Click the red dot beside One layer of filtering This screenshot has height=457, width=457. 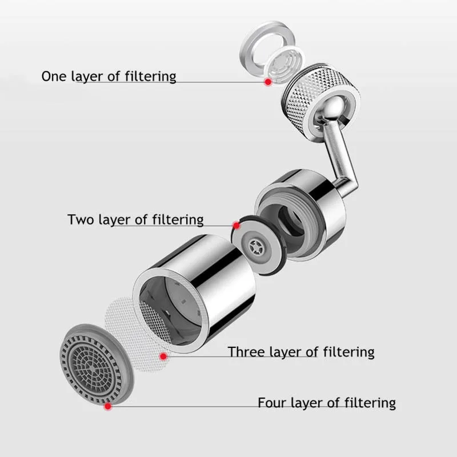tap(267, 82)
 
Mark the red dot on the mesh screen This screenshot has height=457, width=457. tap(164, 357)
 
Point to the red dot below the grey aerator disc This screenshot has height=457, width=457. tap(107, 407)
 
